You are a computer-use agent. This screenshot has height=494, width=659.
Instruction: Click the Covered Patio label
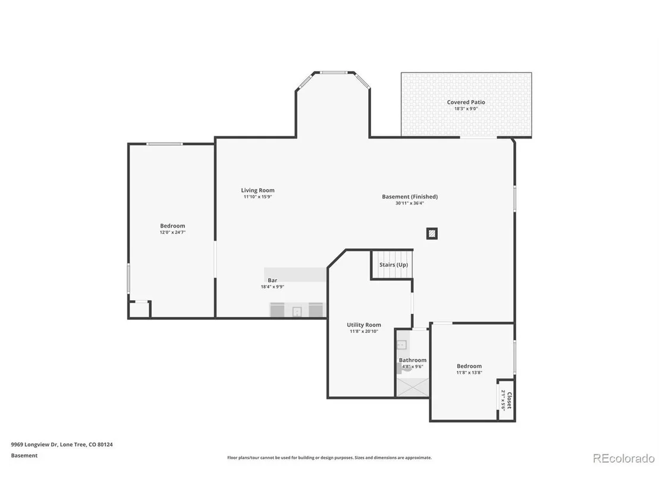click(x=466, y=102)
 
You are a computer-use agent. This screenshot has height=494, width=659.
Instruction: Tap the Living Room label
click(x=258, y=190)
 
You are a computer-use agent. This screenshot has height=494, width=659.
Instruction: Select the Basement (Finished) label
click(x=410, y=197)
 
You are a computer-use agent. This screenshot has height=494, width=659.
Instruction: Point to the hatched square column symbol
click(x=432, y=234)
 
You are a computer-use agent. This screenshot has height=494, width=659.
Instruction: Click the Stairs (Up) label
click(x=393, y=265)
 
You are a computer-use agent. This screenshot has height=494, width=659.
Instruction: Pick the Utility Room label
click(x=364, y=325)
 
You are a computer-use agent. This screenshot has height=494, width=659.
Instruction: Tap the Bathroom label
click(x=413, y=360)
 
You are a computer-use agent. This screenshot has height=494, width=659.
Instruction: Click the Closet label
click(x=509, y=400)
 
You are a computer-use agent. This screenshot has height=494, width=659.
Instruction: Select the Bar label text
click(x=272, y=280)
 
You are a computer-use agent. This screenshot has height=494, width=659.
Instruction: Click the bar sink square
click(x=297, y=311)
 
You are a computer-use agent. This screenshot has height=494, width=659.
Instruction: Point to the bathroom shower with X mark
click(x=413, y=388)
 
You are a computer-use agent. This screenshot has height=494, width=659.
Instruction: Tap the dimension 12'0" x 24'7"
click(x=172, y=232)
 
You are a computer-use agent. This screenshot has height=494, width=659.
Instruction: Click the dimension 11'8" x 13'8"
click(x=469, y=373)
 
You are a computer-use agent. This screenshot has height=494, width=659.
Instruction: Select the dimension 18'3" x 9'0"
click(x=466, y=109)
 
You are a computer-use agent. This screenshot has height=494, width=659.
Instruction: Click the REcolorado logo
click(x=624, y=458)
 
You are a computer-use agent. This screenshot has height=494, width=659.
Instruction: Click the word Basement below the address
click(x=24, y=455)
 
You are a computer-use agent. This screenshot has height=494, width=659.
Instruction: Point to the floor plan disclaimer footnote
click(x=329, y=458)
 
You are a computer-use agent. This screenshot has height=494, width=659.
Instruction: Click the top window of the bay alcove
click(x=334, y=73)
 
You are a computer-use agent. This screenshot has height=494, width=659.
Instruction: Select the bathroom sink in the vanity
click(x=402, y=345)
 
